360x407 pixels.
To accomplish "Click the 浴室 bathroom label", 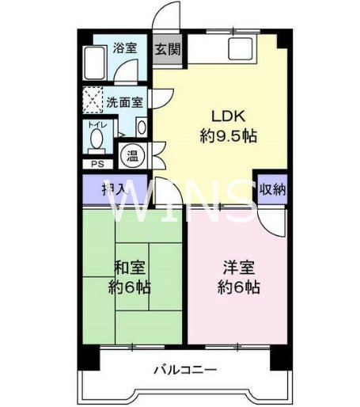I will tap(125, 48).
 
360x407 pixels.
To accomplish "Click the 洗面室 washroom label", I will tap(124, 101).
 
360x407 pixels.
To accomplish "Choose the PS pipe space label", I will tap(97, 165).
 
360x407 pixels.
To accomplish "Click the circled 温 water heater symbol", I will tap(130, 155).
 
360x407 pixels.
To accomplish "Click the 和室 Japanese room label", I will tap(130, 268).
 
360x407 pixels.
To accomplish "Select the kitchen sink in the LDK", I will tap(240, 49).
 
